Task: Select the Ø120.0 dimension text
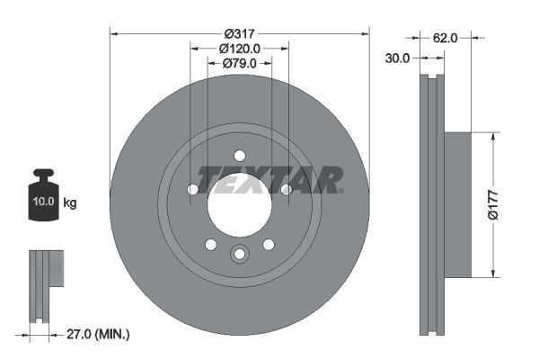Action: tap(239, 48)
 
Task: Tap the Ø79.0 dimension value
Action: tap(239, 63)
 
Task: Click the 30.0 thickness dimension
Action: tap(398, 58)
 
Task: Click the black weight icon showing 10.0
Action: tap(43, 197)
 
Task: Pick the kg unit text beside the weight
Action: tap(70, 203)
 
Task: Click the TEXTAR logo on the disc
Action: tap(269, 179)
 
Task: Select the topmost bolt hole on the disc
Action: tap(239, 156)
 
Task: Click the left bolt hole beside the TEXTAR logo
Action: tap(193, 189)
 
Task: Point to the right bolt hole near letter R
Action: tap(286, 189)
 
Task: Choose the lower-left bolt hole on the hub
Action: tap(211, 244)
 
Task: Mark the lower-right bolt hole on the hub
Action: tap(268, 244)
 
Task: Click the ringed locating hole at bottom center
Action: tap(239, 255)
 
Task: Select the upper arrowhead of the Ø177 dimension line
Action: tap(492, 138)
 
